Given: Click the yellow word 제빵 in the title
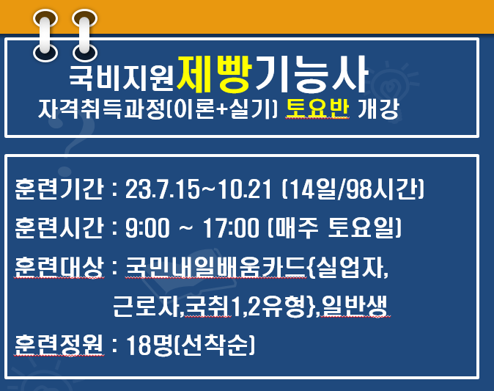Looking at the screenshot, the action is [x=214, y=74].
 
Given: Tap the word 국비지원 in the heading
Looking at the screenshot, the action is [x=122, y=78].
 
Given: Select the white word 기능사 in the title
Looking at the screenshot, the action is [x=312, y=74].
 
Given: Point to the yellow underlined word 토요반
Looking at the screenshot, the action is [x=317, y=109].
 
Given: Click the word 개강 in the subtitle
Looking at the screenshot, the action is [x=379, y=109].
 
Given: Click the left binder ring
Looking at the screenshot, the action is [x=45, y=35].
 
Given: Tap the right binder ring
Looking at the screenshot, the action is [x=84, y=35].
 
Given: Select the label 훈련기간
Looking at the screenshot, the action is [x=59, y=189].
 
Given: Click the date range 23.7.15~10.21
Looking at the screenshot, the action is [x=199, y=189].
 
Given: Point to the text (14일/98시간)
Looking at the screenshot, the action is [x=353, y=189].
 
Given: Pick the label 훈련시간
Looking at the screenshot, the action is [x=59, y=227].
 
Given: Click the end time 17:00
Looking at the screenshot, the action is [x=231, y=227].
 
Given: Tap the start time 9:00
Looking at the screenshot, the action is [x=147, y=227].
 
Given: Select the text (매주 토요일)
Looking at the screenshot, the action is [x=334, y=227].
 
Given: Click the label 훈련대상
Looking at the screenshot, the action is [x=59, y=267].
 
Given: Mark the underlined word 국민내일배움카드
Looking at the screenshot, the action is [x=215, y=267].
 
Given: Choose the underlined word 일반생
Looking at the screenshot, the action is [x=355, y=306].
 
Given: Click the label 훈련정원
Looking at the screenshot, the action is [x=59, y=345].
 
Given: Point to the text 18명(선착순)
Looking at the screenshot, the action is [x=191, y=345].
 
